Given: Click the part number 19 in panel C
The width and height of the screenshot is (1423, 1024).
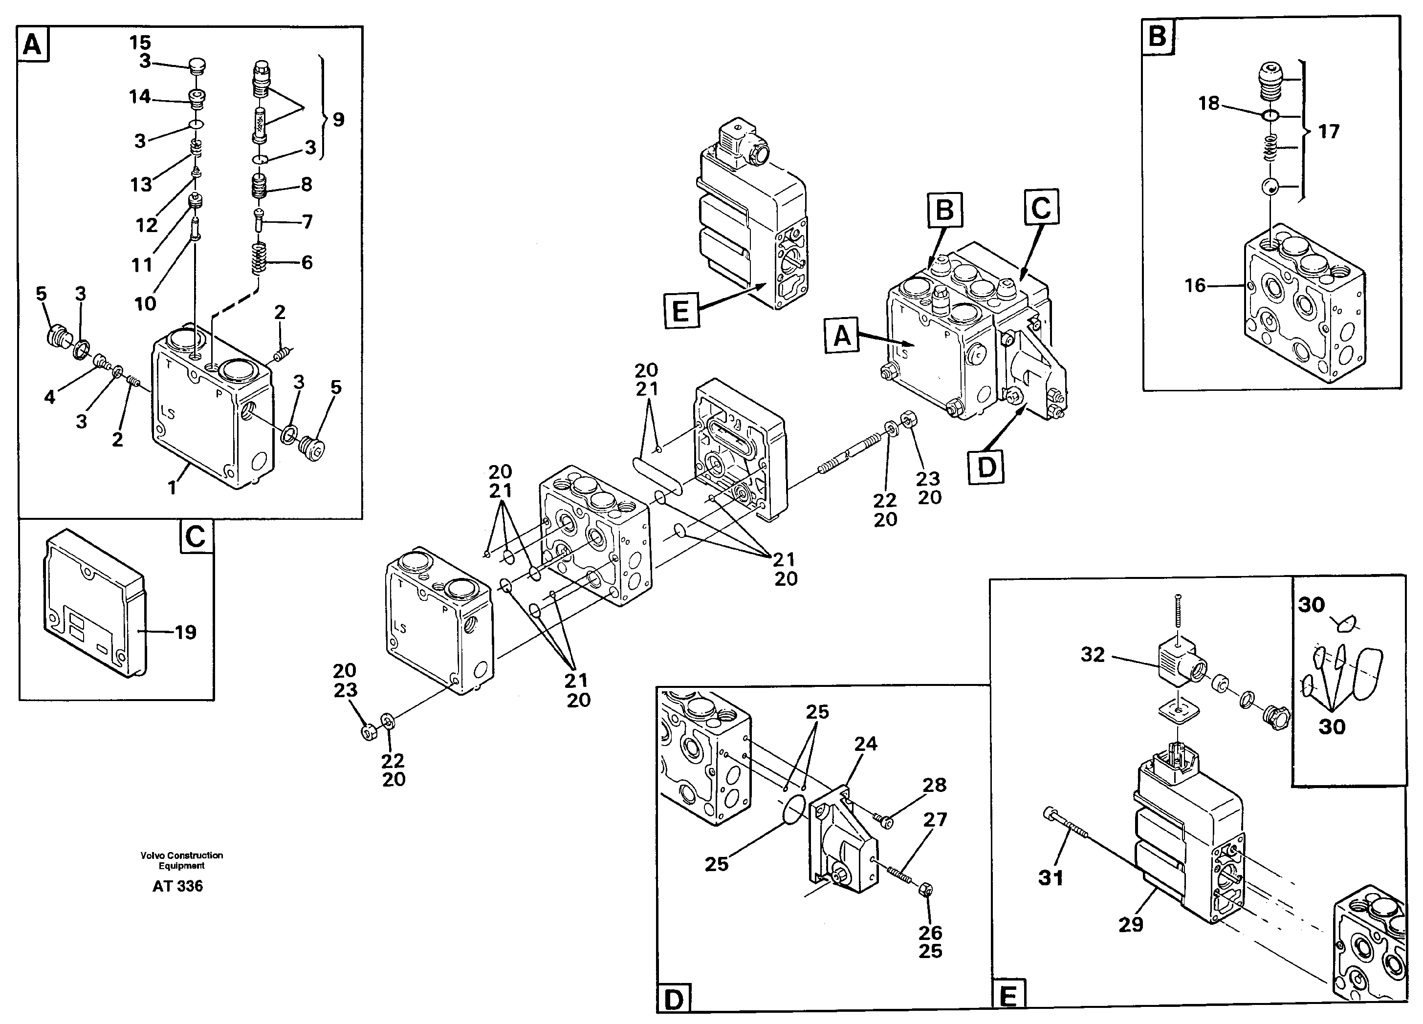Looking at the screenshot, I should [185, 632].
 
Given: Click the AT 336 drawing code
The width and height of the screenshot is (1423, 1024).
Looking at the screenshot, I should [177, 886].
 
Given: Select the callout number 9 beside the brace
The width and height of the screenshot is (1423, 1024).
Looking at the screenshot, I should [338, 119].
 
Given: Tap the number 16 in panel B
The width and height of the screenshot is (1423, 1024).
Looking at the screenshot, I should [1195, 286].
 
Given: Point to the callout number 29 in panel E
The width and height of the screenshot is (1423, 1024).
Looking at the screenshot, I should [1131, 925].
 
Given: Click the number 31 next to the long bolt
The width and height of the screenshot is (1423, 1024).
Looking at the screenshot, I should [1051, 878].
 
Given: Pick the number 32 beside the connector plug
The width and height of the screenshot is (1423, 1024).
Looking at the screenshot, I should [1093, 655].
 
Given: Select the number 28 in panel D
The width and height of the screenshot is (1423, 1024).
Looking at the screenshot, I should [934, 785].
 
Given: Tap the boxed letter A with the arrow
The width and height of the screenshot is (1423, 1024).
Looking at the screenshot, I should [842, 336].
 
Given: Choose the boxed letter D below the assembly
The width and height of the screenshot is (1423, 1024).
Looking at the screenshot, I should [986, 467].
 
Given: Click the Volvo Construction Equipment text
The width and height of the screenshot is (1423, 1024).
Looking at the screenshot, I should [181, 860].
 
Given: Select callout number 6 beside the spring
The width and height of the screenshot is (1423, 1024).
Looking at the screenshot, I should [307, 262].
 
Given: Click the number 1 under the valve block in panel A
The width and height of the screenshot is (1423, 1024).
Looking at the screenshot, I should [172, 487].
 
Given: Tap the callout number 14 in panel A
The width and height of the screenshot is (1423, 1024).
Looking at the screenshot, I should [140, 97].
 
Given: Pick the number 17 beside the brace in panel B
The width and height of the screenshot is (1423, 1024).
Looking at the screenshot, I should [1328, 132].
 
